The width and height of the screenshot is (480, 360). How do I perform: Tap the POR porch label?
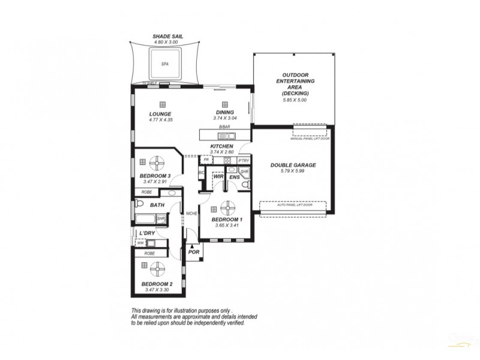coord(193,253)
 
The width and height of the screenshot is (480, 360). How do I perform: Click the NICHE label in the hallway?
coord(192,213)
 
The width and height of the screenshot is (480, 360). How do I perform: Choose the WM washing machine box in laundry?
coord(140,243)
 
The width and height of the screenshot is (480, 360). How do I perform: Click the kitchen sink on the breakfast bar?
coord(230,135)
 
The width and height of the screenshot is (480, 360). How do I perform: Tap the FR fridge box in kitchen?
coord(206,161)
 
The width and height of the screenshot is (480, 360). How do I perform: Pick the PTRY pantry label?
coord(243,161)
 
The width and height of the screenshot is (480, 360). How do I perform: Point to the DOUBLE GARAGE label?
coord(293,164)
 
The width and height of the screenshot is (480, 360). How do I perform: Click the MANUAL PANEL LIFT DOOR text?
coord(310,139)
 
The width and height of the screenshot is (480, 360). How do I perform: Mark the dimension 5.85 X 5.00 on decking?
coord(295,100)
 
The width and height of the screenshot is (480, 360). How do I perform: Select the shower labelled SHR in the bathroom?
coord(161,219)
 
